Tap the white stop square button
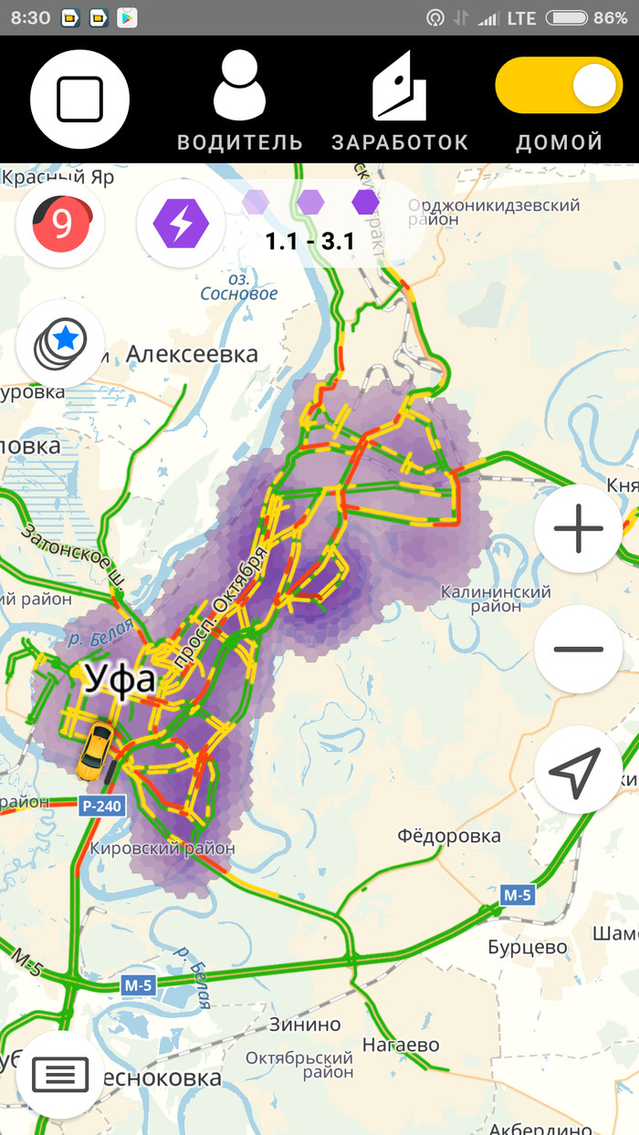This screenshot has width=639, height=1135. click(79, 99)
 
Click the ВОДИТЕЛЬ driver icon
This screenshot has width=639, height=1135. click(239, 86)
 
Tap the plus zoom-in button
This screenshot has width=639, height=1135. click(579, 528)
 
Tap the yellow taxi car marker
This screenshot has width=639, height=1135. click(94, 750)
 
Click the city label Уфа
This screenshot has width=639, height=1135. click(120, 680)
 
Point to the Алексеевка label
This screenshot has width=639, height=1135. click(192, 353)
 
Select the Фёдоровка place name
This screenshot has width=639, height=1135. click(449, 836)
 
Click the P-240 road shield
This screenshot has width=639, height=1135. click(100, 807)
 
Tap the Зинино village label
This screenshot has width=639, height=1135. click(304, 1025)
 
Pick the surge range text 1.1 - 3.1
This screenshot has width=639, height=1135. click(309, 242)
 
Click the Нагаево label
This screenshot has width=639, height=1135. click(401, 1045)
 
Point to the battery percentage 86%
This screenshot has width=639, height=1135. click(610, 17)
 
